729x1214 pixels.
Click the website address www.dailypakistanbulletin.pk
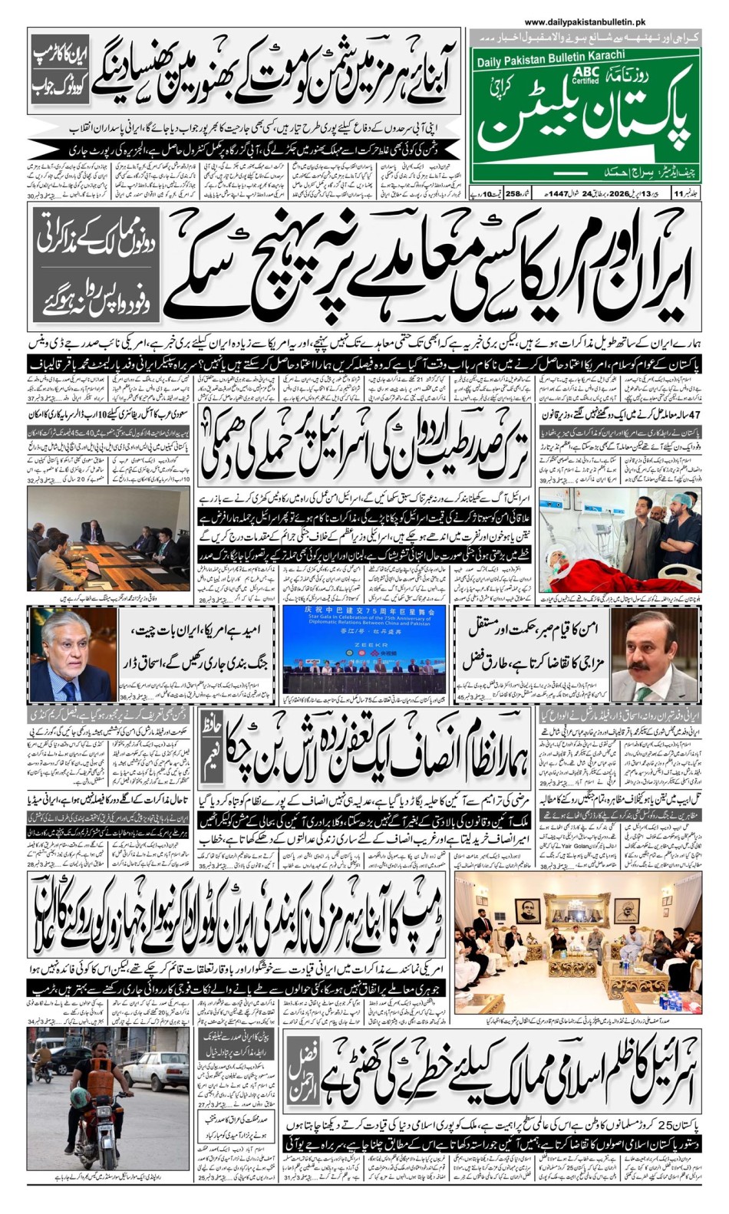point(585,24)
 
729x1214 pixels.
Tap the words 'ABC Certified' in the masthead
point(585,74)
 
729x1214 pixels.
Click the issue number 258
point(513,194)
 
